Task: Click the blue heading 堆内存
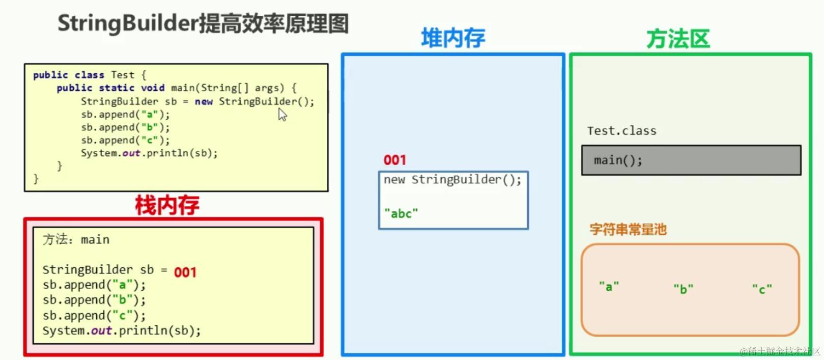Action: tap(453, 38)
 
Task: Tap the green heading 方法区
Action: tap(678, 39)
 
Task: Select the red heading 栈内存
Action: tap(167, 205)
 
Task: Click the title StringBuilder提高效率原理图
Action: tap(203, 23)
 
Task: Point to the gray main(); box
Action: tap(691, 160)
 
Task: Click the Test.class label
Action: tap(621, 131)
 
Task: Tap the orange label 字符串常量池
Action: tap(628, 229)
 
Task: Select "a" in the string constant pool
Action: tap(609, 287)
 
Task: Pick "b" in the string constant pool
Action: tap(683, 289)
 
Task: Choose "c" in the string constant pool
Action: tap(762, 289)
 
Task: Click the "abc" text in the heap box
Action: tap(401, 213)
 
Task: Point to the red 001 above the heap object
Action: tap(395, 160)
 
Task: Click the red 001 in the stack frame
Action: tap(185, 272)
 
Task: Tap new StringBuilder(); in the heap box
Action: tap(452, 180)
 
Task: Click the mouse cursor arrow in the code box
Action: tap(282, 115)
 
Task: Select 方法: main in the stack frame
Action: tap(76, 239)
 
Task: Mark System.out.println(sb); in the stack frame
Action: tap(122, 330)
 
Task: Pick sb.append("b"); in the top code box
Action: tap(125, 127)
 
